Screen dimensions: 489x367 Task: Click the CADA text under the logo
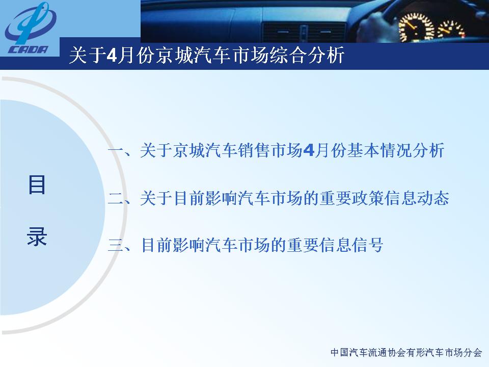click(x=29, y=49)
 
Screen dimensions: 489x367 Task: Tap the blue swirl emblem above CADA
click(x=31, y=23)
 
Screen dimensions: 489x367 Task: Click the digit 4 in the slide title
click(x=112, y=56)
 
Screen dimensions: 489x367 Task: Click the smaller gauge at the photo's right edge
click(x=452, y=29)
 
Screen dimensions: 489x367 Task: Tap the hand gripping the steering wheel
click(x=376, y=27)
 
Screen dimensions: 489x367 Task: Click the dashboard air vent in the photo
click(x=304, y=32)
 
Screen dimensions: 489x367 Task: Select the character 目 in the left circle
click(x=37, y=185)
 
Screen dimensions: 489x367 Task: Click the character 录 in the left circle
click(x=37, y=236)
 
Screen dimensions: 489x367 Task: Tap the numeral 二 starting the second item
click(x=116, y=198)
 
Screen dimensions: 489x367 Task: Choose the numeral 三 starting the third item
click(x=116, y=245)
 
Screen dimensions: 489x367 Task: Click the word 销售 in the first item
click(x=253, y=150)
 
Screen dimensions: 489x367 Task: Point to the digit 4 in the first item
click(x=309, y=150)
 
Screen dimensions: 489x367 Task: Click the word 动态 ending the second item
click(x=433, y=198)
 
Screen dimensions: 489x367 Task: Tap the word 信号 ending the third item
click(x=367, y=245)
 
